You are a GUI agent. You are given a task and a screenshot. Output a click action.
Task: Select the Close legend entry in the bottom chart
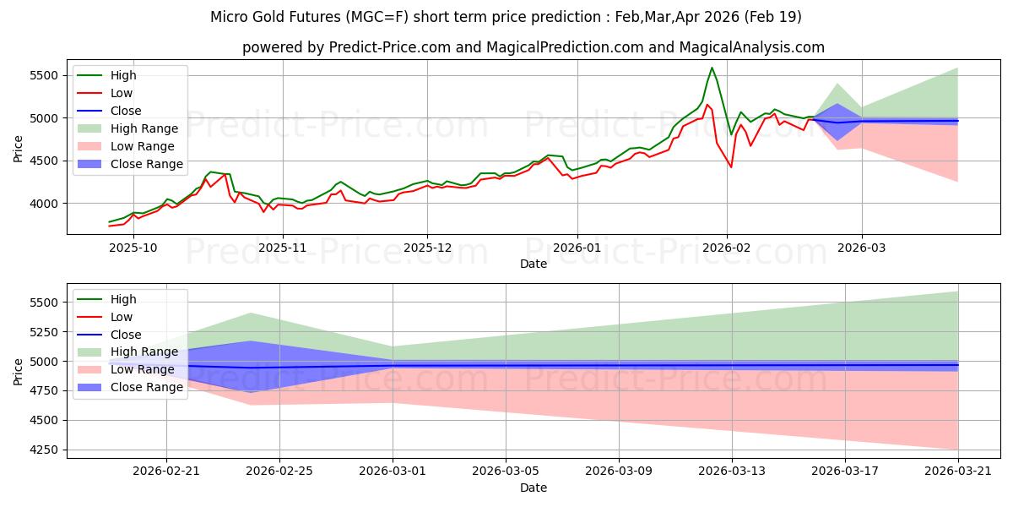coord(125,335)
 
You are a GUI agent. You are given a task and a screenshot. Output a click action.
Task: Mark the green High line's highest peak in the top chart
coord(712,68)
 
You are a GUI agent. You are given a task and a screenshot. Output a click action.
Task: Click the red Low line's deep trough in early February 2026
coord(731,167)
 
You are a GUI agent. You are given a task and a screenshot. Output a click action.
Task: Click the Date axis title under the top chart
coord(533,264)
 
